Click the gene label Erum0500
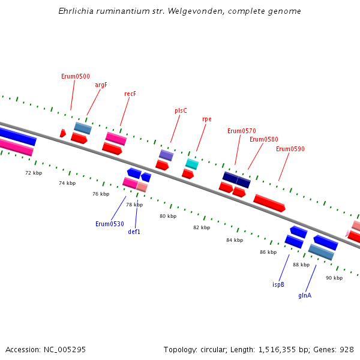coord(76,76)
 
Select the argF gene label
coord(101,85)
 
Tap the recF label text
coord(130,94)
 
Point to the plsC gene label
coord(181,110)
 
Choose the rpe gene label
coord(207,119)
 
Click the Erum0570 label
coord(241,131)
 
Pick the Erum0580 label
coord(264,139)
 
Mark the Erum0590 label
coord(290,149)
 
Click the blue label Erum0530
coord(110,224)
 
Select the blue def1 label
coord(134,232)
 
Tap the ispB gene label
coord(278,284)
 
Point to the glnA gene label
coord(305,295)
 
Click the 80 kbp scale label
coord(168,216)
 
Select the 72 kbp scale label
coord(34,173)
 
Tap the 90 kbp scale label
coord(334,278)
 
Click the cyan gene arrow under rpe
coord(192,164)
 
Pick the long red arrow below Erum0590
coord(269,203)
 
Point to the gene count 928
coord(347,349)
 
